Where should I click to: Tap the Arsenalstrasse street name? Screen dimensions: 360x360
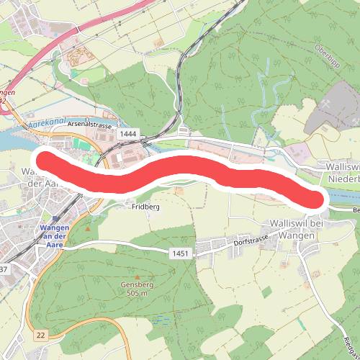91,125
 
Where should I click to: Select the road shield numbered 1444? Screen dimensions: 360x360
130,135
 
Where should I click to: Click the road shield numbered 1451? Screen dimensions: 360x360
179,253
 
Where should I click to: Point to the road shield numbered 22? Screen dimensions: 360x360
40,336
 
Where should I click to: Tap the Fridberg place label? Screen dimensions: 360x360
145,207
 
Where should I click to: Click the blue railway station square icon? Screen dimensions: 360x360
55,219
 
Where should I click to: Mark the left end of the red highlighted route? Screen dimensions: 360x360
45,161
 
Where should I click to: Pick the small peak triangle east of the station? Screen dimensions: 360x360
88,229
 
